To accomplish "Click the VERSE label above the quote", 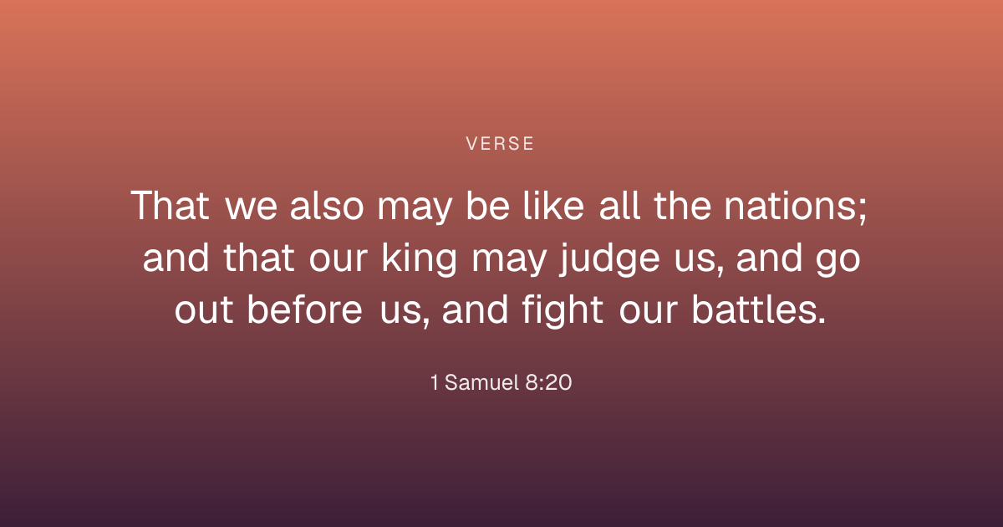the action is [x=500, y=144].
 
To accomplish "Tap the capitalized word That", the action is [x=170, y=205].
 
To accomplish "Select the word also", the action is [x=327, y=205].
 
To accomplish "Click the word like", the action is [x=553, y=205].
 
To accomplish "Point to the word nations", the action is [x=790, y=205].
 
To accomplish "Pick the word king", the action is [x=419, y=258].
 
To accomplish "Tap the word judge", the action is [x=609, y=258].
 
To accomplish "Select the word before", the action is [x=304, y=310].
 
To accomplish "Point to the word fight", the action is [x=563, y=310].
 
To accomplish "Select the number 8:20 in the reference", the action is [x=548, y=382].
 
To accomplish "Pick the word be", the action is [x=487, y=205].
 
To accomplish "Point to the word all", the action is [x=619, y=205].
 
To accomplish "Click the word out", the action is [x=204, y=310].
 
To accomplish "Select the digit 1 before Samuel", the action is [x=434, y=382].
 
